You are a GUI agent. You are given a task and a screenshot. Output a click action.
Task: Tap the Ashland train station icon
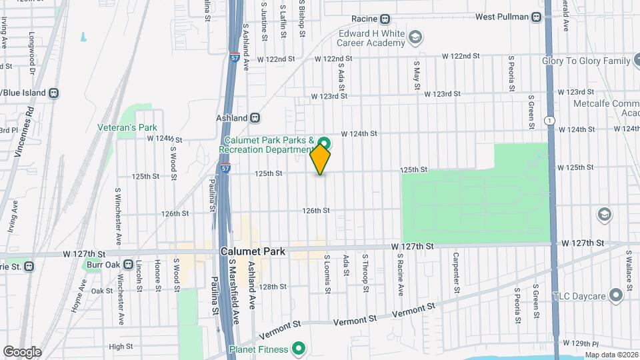[255, 118]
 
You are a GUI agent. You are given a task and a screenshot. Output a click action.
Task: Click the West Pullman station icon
[537, 17]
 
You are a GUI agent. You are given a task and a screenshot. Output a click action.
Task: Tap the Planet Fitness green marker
[299, 349]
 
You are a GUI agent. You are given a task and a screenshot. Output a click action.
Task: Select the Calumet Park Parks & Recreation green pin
[325, 143]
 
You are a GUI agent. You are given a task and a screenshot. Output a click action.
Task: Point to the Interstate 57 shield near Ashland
[227, 169]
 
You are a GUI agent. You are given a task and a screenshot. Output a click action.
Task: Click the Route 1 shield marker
[549, 120]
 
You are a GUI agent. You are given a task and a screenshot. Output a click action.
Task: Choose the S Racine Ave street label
[401, 275]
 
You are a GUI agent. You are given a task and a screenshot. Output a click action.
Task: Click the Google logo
[22, 351]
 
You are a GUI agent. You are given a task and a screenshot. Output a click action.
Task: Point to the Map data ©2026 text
[611, 355]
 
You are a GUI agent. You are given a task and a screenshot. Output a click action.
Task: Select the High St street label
[121, 346]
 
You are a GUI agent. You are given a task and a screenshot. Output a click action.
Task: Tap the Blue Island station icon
[53, 93]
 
